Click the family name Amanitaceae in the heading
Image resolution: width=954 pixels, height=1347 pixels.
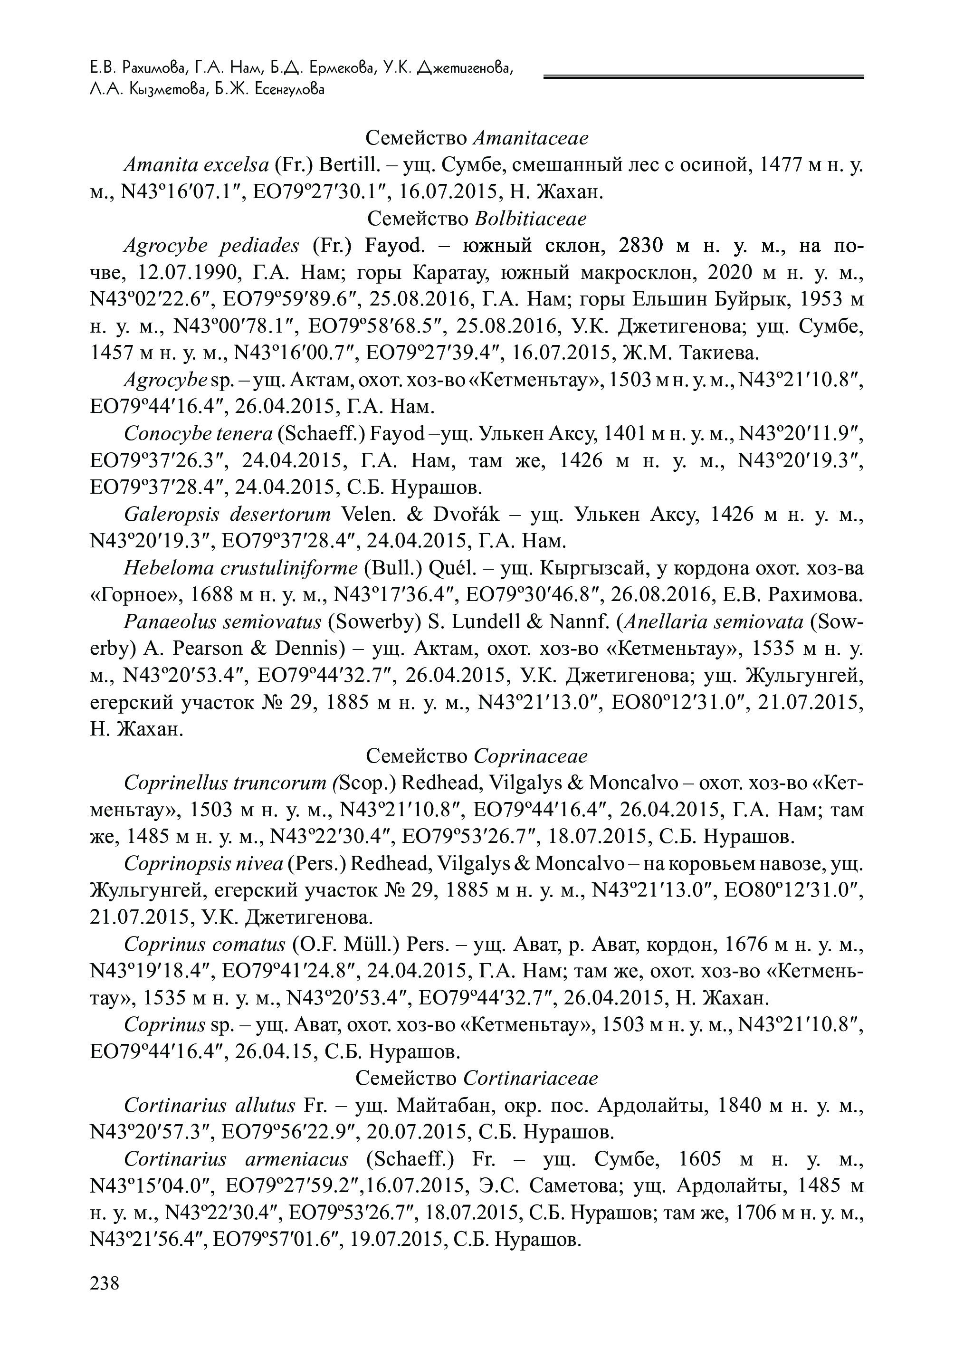click(530, 138)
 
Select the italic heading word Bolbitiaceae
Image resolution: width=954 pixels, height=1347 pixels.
click(530, 219)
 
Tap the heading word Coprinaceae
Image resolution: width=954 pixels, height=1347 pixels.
click(530, 756)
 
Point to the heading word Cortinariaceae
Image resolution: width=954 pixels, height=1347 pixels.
click(531, 1079)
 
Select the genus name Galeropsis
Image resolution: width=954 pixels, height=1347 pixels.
click(172, 515)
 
